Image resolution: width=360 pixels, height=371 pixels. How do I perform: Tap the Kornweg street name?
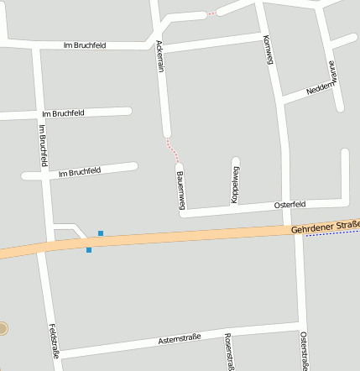click(x=269, y=50)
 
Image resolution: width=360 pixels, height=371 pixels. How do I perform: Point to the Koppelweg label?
click(x=235, y=184)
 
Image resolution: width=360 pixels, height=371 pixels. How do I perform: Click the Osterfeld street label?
click(x=290, y=205)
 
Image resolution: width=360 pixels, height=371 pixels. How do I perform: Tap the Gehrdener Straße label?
click(x=326, y=227)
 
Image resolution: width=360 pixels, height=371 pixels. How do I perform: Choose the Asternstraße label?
click(x=180, y=339)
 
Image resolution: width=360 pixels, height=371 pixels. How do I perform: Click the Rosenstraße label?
click(x=228, y=351)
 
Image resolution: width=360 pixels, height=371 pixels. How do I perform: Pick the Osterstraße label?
click(x=304, y=350)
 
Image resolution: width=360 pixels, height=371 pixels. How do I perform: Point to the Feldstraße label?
click(x=55, y=342)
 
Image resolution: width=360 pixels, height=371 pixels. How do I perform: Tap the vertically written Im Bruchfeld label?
click(x=43, y=144)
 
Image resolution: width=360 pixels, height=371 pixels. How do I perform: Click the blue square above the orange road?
click(x=101, y=233)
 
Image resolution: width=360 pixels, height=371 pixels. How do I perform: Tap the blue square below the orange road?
click(x=89, y=249)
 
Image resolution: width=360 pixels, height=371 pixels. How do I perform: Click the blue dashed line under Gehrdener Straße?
click(x=332, y=234)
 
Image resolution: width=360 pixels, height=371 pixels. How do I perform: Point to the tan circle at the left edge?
click(x=3, y=327)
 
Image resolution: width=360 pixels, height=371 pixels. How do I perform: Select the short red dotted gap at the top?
click(x=211, y=14)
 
